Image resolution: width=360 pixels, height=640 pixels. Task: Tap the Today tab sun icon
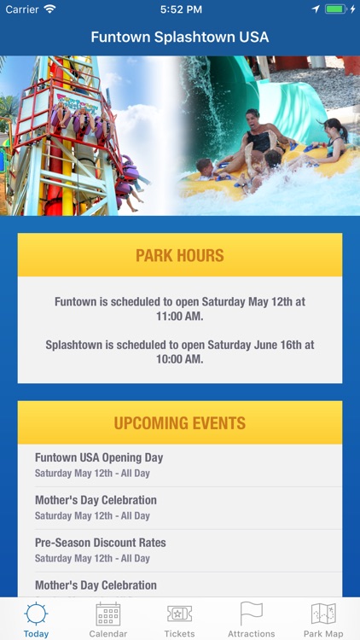[x=36, y=614]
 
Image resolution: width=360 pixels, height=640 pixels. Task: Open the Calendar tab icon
[x=108, y=614]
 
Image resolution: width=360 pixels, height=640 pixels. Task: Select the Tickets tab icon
[x=179, y=614]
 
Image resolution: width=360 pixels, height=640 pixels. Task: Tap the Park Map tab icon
[x=323, y=614]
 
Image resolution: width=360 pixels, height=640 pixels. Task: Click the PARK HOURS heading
[x=180, y=255]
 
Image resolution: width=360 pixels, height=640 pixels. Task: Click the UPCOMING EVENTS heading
[x=180, y=423]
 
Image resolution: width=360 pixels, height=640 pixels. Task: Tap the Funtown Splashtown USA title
[x=180, y=38]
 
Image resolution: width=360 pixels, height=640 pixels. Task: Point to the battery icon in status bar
[x=338, y=9]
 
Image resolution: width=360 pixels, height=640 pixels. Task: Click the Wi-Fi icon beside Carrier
[x=49, y=9]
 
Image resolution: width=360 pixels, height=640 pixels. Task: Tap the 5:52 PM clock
[x=180, y=9]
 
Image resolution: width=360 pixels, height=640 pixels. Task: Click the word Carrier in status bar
[x=21, y=9]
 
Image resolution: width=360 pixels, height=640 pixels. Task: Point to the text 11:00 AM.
[x=180, y=317]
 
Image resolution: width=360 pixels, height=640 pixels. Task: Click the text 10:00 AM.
[x=180, y=359]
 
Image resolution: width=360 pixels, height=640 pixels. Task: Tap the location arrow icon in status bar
[x=316, y=9]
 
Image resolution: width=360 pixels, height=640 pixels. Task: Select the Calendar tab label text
[x=108, y=634]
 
